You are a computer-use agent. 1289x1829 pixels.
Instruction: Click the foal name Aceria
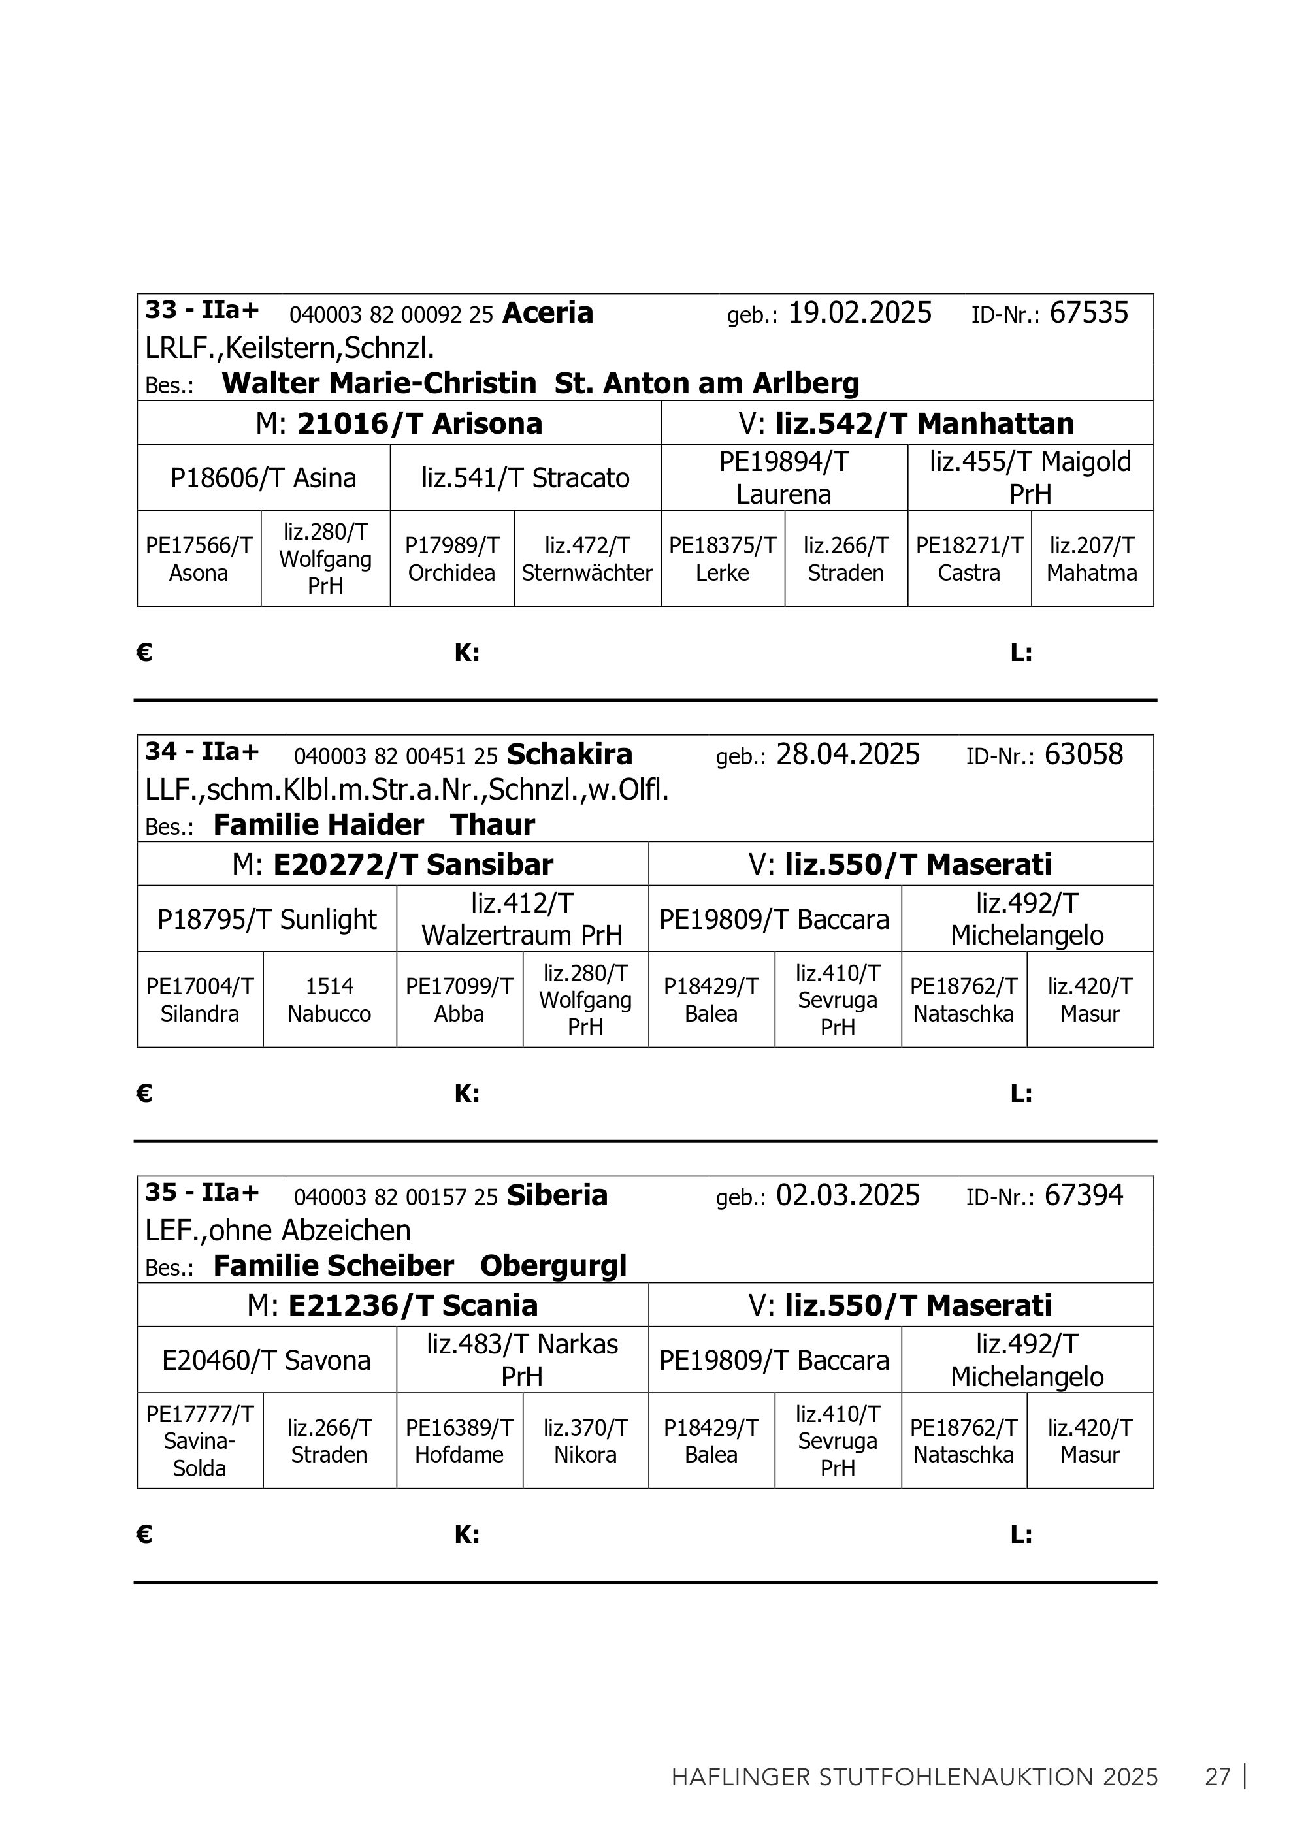pos(547,313)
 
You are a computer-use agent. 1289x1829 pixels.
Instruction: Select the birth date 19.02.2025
pos(860,313)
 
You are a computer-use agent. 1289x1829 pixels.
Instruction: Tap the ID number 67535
pos(1088,313)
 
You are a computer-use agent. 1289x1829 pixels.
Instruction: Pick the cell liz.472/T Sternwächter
pos(587,559)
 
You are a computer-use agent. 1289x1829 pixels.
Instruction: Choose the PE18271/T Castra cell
pos(969,559)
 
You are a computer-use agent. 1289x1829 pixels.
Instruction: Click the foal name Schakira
pos(569,754)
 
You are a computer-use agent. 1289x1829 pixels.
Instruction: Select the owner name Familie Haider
pos(318,824)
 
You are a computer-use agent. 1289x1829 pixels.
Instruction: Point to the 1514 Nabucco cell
pos(329,999)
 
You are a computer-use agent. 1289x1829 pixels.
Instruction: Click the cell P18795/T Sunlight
pos(267,919)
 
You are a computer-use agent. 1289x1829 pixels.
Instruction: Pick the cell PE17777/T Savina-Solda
pos(199,1441)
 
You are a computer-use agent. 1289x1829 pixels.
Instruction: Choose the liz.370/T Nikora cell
pos(585,1441)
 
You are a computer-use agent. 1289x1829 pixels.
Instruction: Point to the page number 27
pos(1217,1777)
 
